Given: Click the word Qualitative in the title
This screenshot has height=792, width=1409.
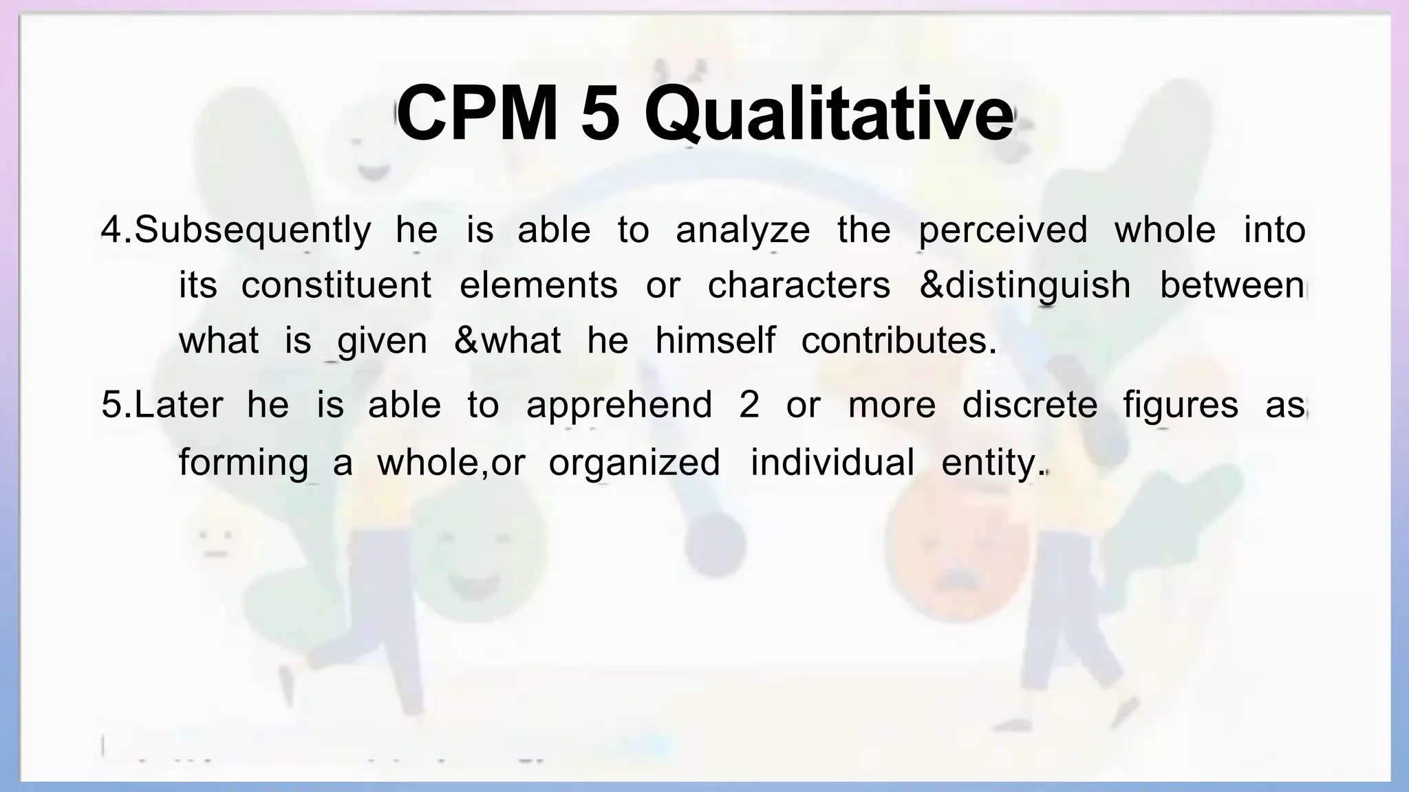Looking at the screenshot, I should coord(829,113).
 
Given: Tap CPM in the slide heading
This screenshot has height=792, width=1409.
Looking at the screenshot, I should coord(478,113).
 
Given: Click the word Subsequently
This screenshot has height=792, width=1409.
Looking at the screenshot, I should coord(252,230).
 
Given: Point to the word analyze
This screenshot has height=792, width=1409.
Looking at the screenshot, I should coord(743,230).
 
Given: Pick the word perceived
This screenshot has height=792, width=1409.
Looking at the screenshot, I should coord(1003,230).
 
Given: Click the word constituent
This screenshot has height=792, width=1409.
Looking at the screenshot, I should coord(336,285).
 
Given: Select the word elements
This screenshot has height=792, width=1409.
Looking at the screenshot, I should coord(539,285).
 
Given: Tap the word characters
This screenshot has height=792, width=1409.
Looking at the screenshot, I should coord(799,285).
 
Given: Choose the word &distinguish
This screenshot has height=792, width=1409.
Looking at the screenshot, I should coord(1025,285).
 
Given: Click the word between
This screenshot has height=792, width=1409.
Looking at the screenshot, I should coord(1232,285).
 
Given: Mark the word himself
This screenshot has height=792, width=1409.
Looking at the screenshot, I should coord(715,340).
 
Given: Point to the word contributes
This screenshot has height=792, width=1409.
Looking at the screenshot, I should coord(899,340).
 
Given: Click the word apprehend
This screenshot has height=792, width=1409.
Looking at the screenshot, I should coord(619,404).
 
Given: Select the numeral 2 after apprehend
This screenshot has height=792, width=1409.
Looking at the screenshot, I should coord(749,404).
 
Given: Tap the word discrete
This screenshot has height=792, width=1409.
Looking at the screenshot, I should coord(1030,404).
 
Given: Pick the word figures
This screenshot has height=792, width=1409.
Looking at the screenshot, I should coord(1181,404).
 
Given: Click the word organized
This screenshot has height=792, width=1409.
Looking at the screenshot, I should coord(634,461).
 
